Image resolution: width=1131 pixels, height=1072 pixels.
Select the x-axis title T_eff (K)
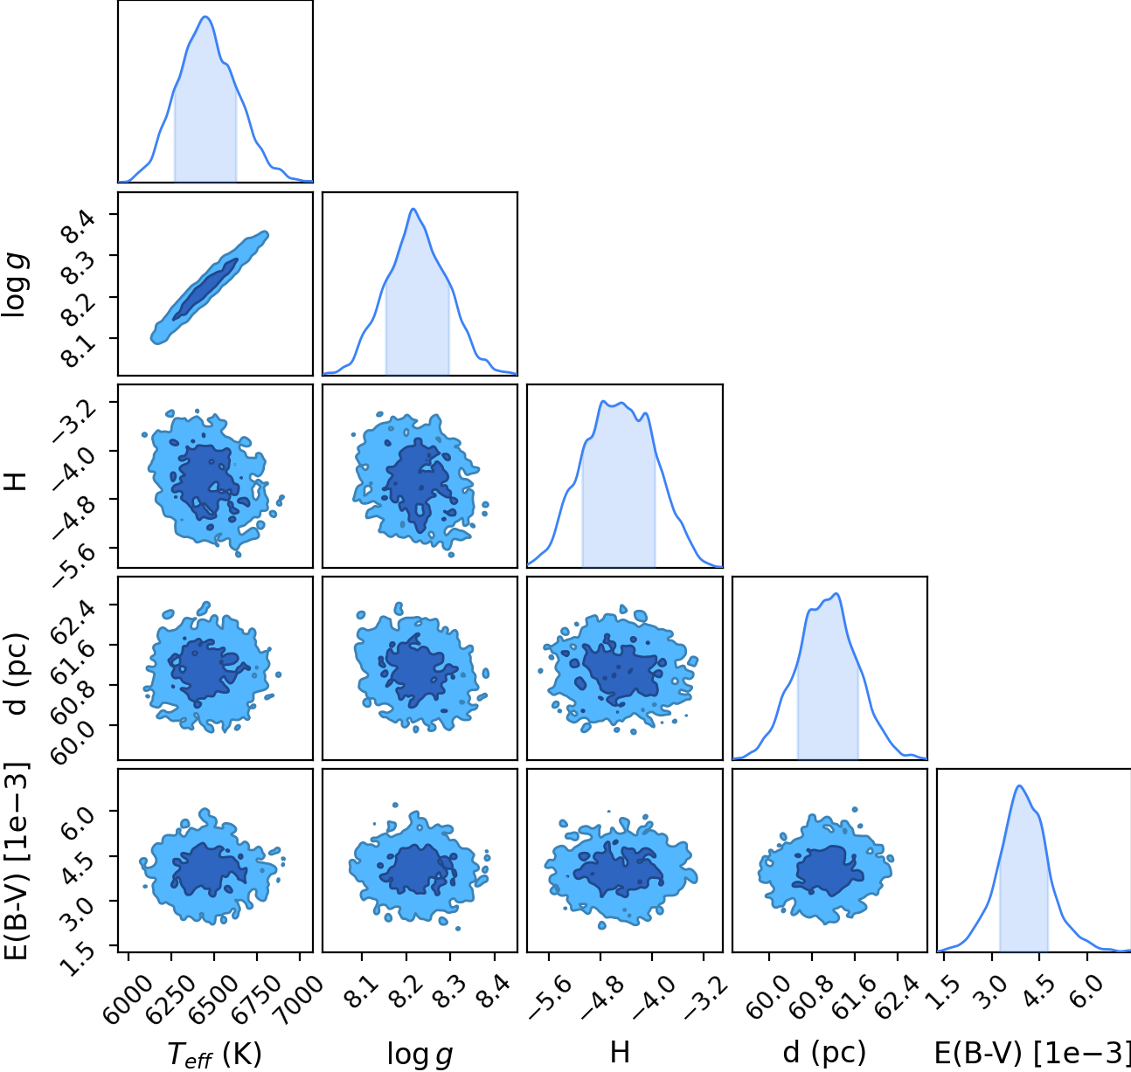pos(215,1053)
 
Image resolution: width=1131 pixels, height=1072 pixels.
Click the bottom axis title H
pos(620,1052)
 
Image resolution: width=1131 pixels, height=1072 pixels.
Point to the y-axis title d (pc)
pos(17,674)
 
